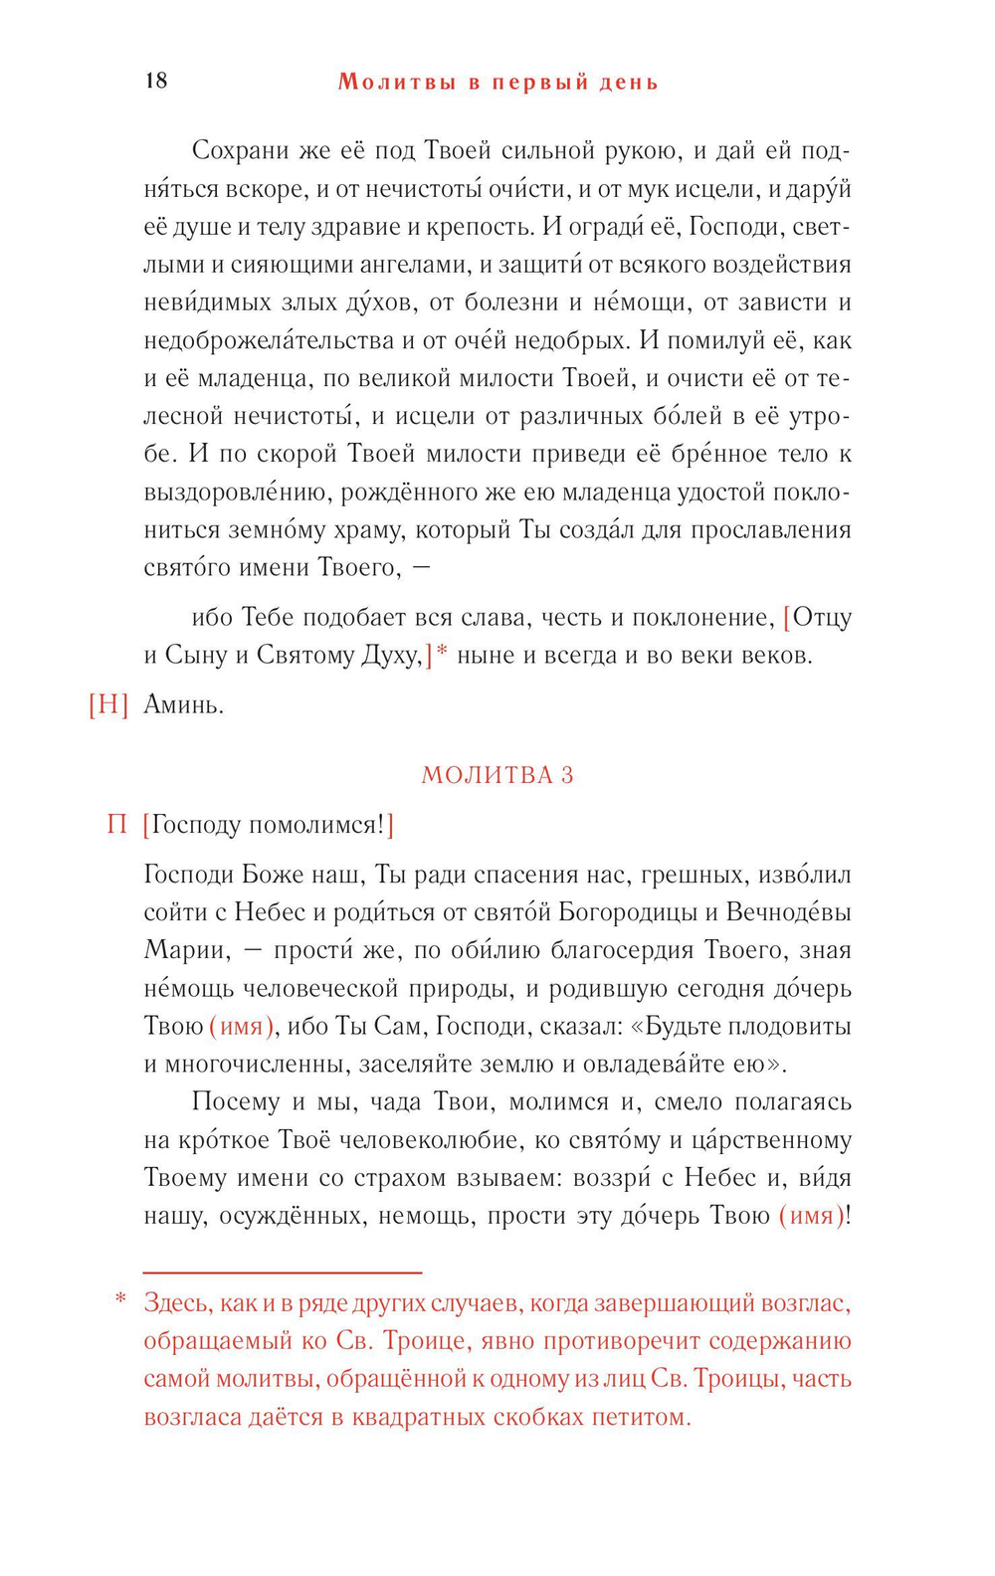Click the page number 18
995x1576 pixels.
click(156, 81)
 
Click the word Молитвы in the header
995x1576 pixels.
click(395, 82)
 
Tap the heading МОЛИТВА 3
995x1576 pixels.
click(497, 775)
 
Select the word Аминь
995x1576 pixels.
click(183, 705)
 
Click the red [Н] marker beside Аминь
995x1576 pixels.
click(108, 705)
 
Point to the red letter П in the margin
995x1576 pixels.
click(117, 825)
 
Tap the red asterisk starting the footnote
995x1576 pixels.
click(120, 1300)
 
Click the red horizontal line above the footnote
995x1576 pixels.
click(283, 1273)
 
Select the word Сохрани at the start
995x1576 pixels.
click(239, 151)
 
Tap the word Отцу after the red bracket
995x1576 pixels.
click(822, 618)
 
